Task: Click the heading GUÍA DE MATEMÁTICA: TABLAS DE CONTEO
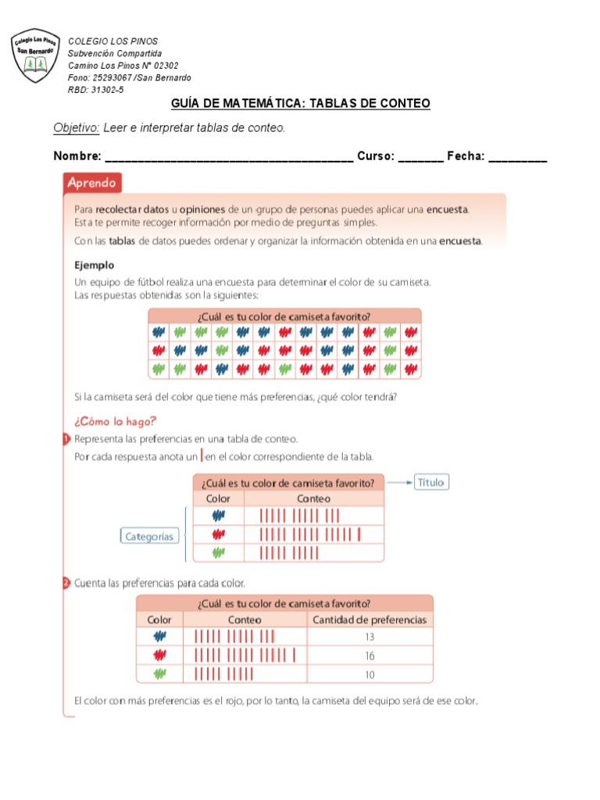(300, 104)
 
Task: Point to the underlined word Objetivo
(76, 127)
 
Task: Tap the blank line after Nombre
(228, 159)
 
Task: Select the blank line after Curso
(420, 159)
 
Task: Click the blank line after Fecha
(517, 159)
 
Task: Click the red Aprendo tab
(91, 184)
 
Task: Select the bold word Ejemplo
(94, 265)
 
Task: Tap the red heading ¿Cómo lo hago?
(109, 420)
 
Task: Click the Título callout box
(430, 482)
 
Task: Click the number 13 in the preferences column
(370, 637)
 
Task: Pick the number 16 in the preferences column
(370, 656)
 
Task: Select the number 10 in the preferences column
(370, 674)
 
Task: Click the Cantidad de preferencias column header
(370, 620)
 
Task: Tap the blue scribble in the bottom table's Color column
(159, 637)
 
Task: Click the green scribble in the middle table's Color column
(218, 552)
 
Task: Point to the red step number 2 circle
(66, 583)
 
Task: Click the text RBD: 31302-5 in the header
(95, 90)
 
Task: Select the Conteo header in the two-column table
(313, 498)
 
